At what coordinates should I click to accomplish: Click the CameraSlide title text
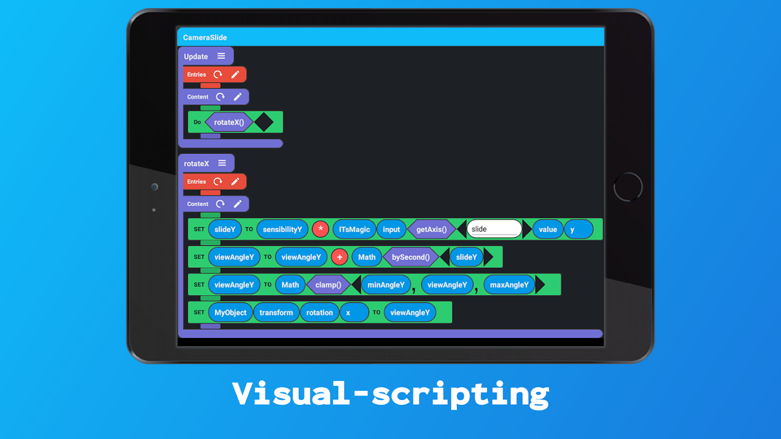205,37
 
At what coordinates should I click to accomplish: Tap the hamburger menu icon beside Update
221,56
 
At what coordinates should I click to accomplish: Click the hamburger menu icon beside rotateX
222,163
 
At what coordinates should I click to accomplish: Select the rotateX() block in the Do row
229,122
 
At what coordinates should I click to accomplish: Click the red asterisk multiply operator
320,229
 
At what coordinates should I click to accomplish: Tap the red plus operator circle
339,257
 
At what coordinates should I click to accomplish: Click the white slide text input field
494,229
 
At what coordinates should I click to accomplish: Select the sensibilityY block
282,229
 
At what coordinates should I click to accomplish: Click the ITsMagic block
354,229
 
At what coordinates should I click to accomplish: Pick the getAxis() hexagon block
432,229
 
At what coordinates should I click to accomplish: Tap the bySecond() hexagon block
411,257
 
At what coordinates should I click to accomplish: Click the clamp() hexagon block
328,285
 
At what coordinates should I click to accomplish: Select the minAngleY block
386,285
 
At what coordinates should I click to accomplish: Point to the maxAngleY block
509,285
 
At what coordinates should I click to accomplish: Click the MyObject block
231,313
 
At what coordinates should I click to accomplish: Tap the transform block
276,313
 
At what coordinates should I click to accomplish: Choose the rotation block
320,313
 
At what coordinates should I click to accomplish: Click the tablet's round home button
628,187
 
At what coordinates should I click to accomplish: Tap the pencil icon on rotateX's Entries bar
236,181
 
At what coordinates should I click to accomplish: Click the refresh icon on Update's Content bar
220,97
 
